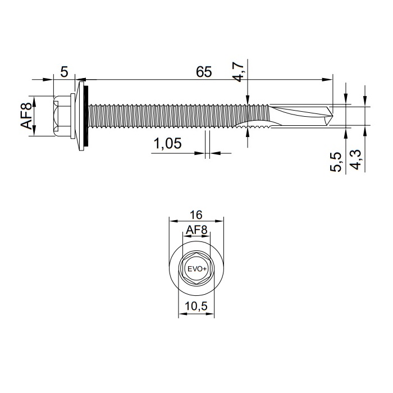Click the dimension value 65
[204, 72]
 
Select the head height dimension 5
[64, 72]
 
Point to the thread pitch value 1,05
[167, 144]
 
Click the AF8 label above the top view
[196, 230]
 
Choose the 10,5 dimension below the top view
[196, 307]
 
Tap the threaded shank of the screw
[168, 115]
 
